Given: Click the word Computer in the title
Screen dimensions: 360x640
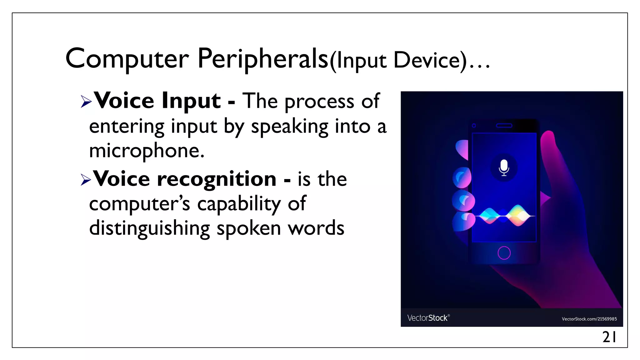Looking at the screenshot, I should click(127, 59).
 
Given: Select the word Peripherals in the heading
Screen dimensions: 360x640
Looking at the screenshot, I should click(263, 59).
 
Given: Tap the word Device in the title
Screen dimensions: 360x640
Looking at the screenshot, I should click(430, 60).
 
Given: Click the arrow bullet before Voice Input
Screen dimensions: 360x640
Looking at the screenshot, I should click(86, 102).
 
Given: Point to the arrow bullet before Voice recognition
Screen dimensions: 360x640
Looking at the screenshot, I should click(86, 180).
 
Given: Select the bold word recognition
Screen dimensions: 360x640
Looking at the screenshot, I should click(217, 179).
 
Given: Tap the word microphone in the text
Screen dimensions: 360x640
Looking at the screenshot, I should click(147, 151).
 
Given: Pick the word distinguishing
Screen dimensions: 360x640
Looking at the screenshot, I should click(149, 228).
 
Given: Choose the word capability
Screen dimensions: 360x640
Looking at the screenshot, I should click(239, 204).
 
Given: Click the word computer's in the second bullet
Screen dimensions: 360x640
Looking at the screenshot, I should click(139, 204).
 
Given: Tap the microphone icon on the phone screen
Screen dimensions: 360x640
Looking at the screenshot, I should click(504, 167).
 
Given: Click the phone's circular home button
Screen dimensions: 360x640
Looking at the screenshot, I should click(504, 253).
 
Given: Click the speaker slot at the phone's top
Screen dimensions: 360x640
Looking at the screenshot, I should click(504, 126).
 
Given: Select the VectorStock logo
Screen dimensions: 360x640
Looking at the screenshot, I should click(428, 318).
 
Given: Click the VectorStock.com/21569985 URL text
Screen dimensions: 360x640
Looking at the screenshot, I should click(589, 319).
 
